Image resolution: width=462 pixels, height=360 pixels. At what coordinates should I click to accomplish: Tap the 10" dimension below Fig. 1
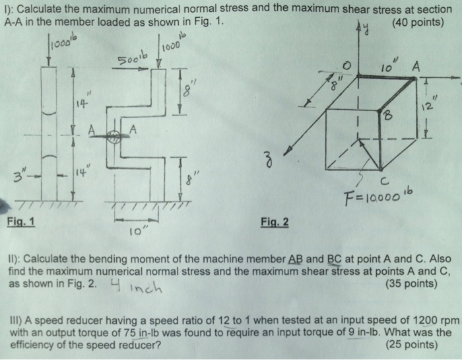135,232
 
